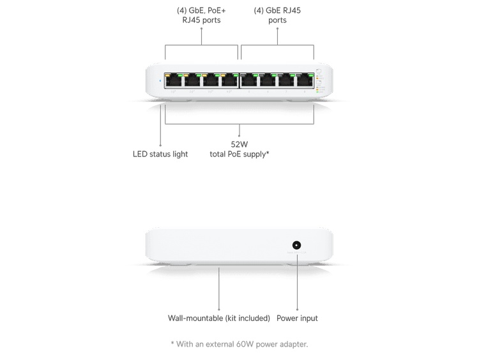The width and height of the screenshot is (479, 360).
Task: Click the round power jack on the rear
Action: click(x=297, y=245)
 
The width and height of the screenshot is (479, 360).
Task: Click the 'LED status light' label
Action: click(x=160, y=154)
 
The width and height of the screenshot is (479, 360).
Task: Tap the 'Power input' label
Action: click(x=298, y=317)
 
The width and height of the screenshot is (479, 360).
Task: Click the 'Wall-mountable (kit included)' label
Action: click(x=218, y=317)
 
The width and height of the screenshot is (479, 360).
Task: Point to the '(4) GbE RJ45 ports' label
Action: click(x=277, y=15)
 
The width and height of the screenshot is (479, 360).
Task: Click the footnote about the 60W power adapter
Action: click(x=240, y=343)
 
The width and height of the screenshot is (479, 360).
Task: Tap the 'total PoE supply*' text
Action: click(x=239, y=154)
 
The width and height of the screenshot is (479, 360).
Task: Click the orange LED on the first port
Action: click(x=167, y=75)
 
